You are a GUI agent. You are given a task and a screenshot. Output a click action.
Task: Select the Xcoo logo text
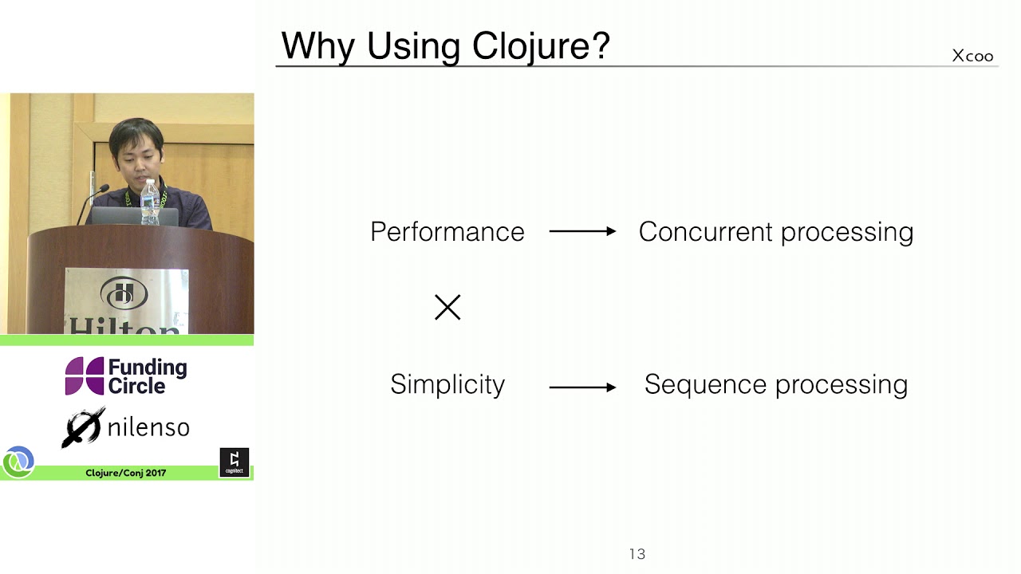coord(972,56)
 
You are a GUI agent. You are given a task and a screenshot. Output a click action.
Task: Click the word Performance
coord(447,232)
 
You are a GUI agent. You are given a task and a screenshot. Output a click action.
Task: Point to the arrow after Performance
coord(582,232)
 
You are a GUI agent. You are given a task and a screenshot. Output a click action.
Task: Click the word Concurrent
coord(706,232)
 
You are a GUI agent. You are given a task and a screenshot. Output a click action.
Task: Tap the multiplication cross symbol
coord(447,308)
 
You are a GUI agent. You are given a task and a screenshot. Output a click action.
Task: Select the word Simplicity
coord(447,385)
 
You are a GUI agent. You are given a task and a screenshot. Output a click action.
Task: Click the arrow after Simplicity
coord(582,387)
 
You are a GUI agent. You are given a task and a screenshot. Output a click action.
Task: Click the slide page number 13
coord(637,554)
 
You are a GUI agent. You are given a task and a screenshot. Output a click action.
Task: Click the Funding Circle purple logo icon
coord(85,376)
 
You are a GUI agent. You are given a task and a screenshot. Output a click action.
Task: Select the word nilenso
coord(148,428)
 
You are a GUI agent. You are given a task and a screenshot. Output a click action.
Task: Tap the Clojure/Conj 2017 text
coord(126,474)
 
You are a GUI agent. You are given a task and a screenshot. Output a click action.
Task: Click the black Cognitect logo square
coord(234,462)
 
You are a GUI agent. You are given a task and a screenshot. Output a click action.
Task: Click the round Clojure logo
coord(18,462)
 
